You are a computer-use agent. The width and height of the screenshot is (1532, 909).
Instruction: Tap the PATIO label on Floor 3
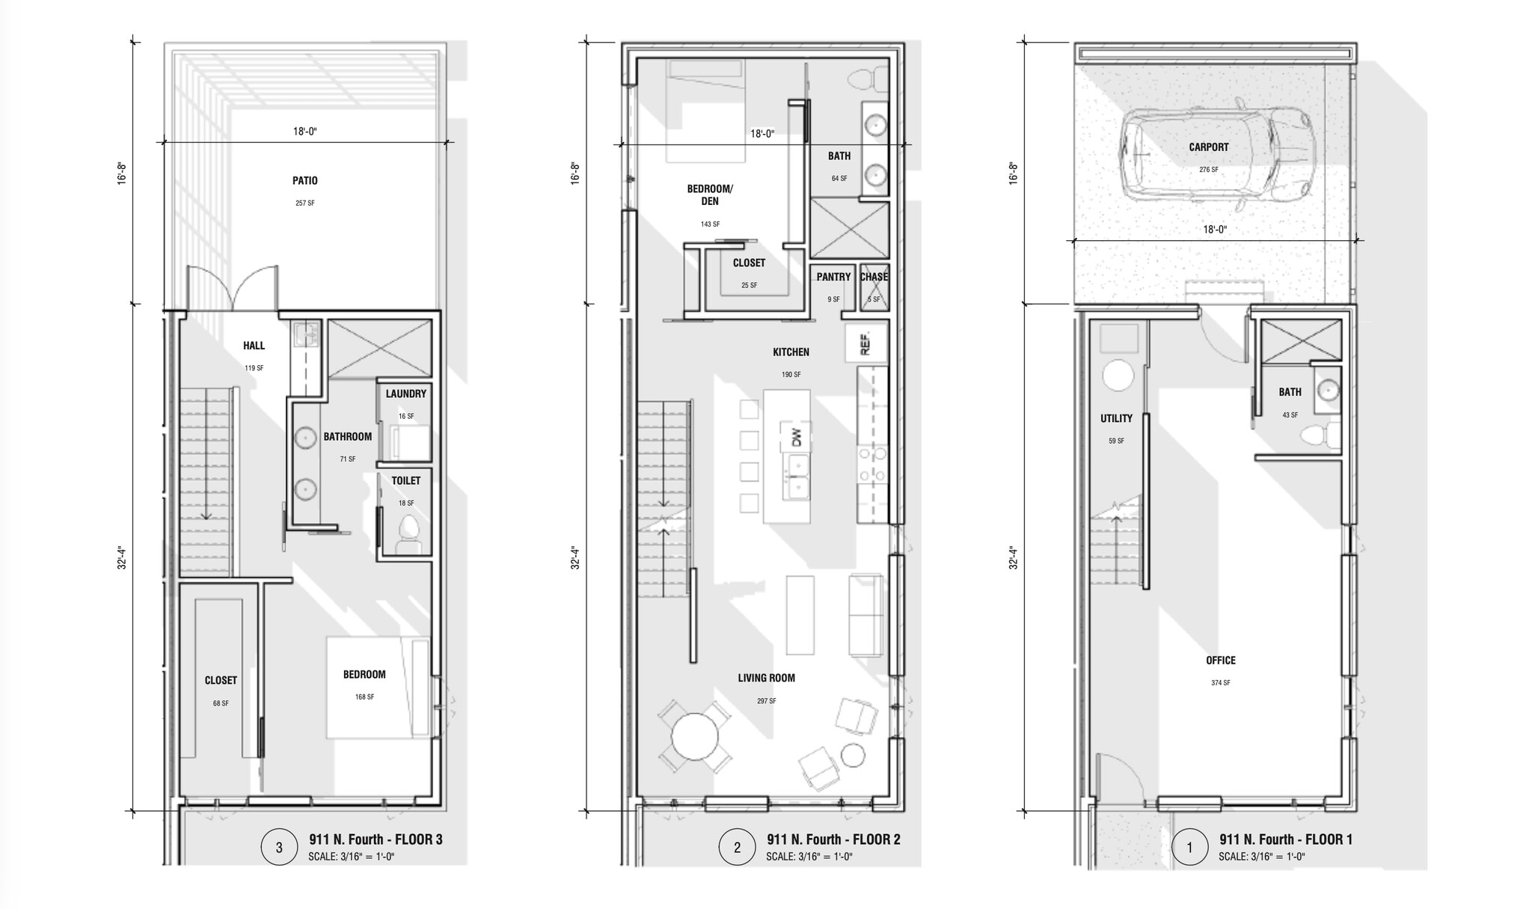pyautogui.click(x=305, y=180)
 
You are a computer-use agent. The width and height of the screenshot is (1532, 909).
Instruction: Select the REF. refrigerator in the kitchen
pyautogui.click(x=866, y=343)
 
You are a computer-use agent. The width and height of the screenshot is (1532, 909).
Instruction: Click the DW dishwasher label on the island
pyautogui.click(x=796, y=437)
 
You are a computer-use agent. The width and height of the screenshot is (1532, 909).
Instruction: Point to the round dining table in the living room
pyautogui.click(x=695, y=737)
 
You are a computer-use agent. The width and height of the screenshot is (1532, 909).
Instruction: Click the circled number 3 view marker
pyautogui.click(x=279, y=847)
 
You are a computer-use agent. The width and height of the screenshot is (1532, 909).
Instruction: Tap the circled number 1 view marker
pyautogui.click(x=1190, y=847)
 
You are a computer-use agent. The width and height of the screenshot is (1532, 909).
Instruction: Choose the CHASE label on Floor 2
pyautogui.click(x=874, y=277)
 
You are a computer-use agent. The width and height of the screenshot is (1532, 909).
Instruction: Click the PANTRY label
pyautogui.click(x=833, y=277)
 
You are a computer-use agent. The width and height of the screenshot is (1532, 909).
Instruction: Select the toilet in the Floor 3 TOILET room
pyautogui.click(x=408, y=534)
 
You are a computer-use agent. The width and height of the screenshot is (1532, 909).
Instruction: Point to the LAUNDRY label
pyautogui.click(x=406, y=394)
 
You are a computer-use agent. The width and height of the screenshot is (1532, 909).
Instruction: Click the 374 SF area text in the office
pyautogui.click(x=1221, y=682)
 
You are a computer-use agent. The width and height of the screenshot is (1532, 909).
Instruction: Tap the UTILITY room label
pyautogui.click(x=1116, y=418)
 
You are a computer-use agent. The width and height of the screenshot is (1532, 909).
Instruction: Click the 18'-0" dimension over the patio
pyautogui.click(x=305, y=132)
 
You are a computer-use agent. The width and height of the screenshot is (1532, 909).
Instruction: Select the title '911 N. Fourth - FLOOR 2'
pyautogui.click(x=833, y=839)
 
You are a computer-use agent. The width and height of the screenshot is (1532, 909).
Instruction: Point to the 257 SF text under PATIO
pyautogui.click(x=305, y=203)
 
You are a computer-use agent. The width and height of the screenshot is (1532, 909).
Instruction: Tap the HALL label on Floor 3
pyautogui.click(x=254, y=346)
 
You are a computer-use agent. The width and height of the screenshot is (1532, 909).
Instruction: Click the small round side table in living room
pyautogui.click(x=853, y=755)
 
